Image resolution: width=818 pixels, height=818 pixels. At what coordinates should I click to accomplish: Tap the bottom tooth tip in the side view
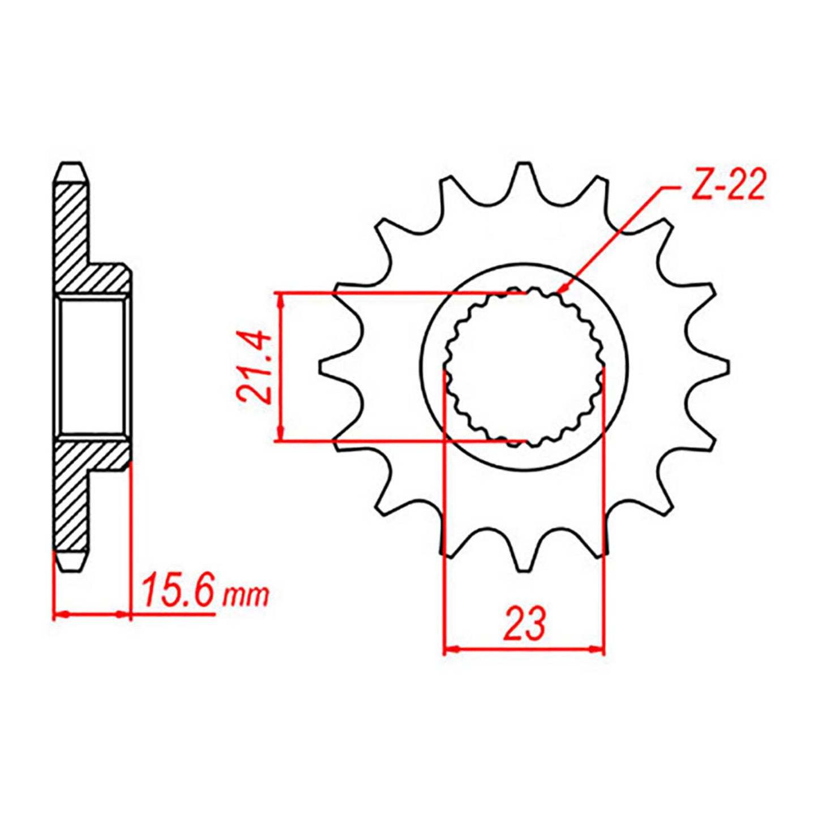pyautogui.click(x=71, y=562)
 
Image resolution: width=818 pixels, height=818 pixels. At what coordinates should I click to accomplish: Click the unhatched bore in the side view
pyautogui.click(x=92, y=367)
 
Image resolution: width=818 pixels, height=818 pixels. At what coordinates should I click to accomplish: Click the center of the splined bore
pyautogui.click(x=524, y=367)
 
